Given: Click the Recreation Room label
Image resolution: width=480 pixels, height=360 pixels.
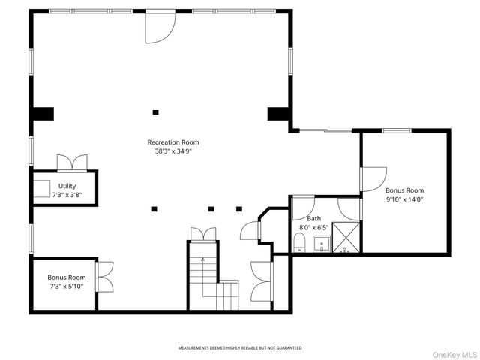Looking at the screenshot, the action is (173, 142).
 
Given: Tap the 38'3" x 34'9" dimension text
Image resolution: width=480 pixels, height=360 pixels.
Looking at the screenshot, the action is (173, 151).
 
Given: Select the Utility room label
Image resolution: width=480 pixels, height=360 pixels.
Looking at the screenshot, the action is (67, 186).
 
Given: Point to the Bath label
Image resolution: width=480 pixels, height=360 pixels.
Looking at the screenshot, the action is (314, 218).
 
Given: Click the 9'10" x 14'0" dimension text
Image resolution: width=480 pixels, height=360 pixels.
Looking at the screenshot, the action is (404, 199).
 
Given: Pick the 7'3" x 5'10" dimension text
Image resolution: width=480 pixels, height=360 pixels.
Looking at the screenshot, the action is (67, 286).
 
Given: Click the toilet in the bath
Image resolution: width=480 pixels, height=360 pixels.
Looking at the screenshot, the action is (299, 242).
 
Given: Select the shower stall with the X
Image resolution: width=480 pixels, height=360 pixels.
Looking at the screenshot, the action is (346, 238).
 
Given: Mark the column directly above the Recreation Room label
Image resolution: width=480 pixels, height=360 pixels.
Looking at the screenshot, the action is (155, 112).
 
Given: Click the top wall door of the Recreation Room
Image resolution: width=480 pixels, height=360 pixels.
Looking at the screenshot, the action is (160, 27).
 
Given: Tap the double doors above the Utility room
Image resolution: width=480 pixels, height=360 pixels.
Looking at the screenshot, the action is (72, 163).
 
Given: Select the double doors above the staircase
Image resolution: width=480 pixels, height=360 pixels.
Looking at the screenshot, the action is (203, 235).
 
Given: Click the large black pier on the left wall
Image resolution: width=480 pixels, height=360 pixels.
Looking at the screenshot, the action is (43, 114).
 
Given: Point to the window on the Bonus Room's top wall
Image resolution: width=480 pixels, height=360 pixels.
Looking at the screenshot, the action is (397, 130).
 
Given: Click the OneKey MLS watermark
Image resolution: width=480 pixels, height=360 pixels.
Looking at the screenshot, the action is (454, 355).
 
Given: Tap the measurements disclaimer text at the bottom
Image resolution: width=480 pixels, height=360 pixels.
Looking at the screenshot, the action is (240, 348).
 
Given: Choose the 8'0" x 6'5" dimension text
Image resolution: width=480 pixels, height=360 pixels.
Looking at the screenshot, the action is (313, 228).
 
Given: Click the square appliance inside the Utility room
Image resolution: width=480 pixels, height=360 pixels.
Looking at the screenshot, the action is (42, 189).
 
